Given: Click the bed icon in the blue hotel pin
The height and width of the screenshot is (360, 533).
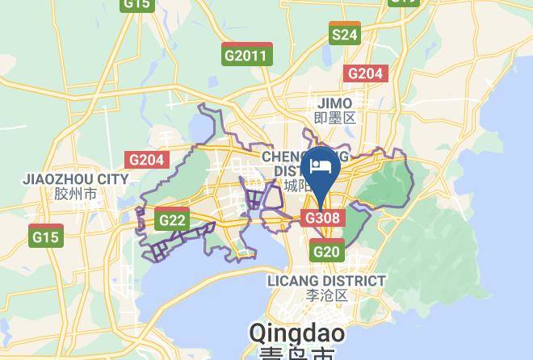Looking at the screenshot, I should click(321, 165).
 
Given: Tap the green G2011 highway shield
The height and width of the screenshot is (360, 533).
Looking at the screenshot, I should click(247, 56).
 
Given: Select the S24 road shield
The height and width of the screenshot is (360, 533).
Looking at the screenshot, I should click(344, 34).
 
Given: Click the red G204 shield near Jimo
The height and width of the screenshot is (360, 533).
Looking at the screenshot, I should click(365, 73).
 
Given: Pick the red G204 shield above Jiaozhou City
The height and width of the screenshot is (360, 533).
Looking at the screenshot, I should click(146, 159).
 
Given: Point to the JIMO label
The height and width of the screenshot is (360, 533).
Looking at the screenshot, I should click(335, 103).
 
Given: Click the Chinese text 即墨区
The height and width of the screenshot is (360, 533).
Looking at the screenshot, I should click(335, 118).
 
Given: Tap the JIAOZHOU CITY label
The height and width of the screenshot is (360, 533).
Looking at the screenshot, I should click(76, 179).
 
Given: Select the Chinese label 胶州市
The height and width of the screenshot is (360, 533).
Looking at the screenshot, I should click(76, 195).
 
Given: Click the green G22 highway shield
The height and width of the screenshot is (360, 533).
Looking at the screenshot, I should click(173, 220).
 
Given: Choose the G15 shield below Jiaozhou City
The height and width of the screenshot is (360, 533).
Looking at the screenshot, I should click(45, 237).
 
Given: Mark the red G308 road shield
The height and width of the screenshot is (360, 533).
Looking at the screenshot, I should click(324, 218).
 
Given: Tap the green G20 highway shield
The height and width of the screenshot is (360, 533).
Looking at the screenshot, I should click(326, 252).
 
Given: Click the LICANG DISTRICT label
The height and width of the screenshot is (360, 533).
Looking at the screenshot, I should click(326, 280).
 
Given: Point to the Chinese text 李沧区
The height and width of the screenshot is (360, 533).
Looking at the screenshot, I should click(327, 295).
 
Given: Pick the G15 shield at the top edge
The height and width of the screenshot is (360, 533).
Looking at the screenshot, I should click(137, 4).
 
